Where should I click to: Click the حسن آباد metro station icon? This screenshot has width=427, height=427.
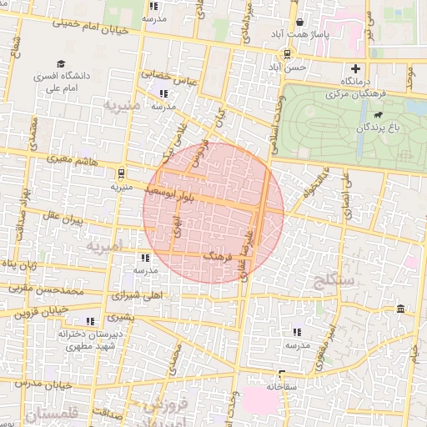coord(287,54)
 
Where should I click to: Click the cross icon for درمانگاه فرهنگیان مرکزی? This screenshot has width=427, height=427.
coord(356,68)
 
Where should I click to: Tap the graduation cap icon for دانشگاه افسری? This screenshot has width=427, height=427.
coord(60,64)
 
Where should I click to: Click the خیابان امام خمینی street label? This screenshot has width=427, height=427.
coord(93,25)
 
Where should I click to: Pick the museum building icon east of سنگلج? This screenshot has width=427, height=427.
coord(402,310)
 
